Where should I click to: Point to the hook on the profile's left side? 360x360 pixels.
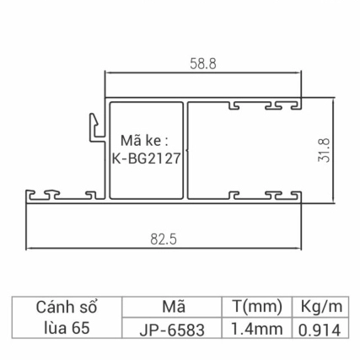click(x=90, y=126)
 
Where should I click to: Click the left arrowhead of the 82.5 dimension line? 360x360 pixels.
click(x=30, y=250)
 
